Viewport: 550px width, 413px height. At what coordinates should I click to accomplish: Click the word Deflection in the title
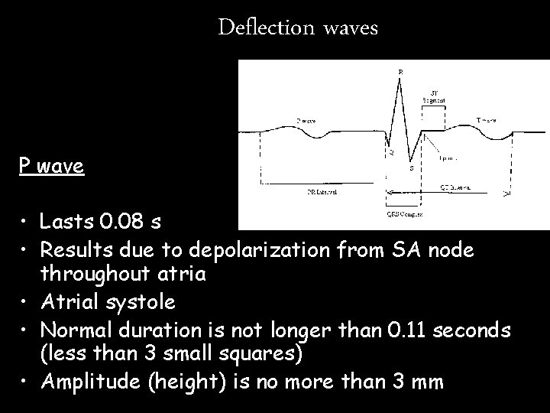coord(265,28)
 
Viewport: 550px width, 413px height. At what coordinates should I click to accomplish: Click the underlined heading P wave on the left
coord(52,166)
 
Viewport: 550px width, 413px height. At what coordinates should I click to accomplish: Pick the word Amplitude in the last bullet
coord(90,381)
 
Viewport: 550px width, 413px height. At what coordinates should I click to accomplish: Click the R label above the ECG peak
coord(402,71)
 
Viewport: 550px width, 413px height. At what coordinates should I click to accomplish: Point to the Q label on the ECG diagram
coord(392,152)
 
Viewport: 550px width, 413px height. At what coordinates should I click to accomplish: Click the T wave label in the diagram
coord(487,120)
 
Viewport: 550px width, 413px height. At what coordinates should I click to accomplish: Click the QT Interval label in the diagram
coord(456,186)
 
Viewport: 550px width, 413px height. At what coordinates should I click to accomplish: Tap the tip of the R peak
coord(401,78)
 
